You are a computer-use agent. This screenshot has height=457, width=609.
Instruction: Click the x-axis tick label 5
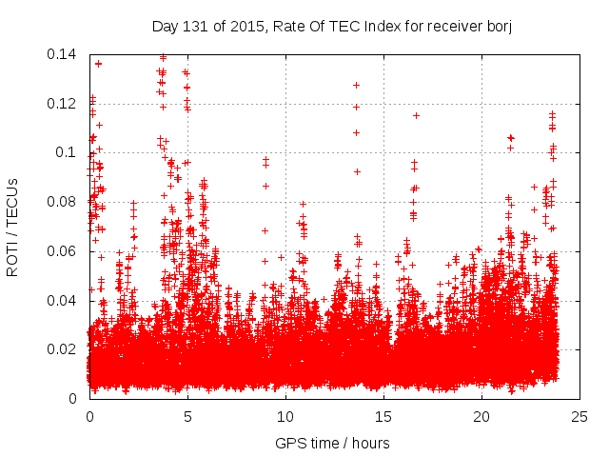click(x=187, y=417)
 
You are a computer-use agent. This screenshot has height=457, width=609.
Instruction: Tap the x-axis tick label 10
click(x=285, y=417)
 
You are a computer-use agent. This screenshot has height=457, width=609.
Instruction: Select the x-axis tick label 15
click(x=383, y=417)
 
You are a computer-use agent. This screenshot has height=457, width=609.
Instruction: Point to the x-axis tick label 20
click(x=481, y=417)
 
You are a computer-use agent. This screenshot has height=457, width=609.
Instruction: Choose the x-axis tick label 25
click(x=580, y=417)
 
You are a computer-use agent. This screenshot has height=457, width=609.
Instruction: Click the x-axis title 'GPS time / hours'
click(x=334, y=443)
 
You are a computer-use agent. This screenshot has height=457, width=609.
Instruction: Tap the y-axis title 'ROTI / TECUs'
click(x=13, y=227)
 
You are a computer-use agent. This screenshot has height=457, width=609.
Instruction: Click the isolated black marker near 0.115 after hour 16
click(x=416, y=115)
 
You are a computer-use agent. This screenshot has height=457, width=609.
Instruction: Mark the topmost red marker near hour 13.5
click(x=356, y=85)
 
